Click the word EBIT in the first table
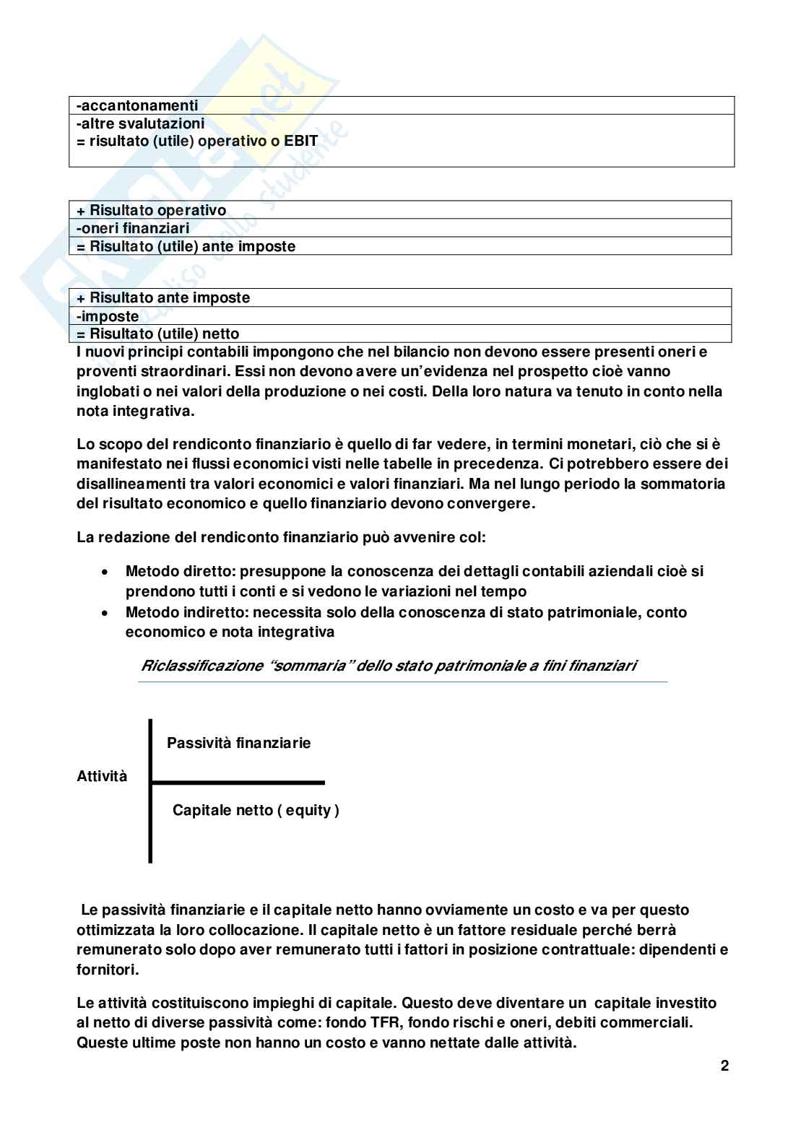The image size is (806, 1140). coord(300,141)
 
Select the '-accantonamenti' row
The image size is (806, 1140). coord(137,105)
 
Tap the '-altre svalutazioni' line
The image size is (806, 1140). coord(141,123)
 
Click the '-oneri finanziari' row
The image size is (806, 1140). coord(133,228)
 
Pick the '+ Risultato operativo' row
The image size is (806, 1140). coord(152,210)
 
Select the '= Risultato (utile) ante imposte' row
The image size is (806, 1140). coord(186,246)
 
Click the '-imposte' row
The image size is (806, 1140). coord(108,316)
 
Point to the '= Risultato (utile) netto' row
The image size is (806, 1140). coord(158,334)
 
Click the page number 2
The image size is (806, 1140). coord(724,1066)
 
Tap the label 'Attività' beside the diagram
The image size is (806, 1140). coord(102,776)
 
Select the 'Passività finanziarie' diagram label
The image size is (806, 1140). coord(238,743)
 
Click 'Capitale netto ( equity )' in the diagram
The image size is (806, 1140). coord(256,810)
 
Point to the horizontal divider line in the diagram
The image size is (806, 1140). coord(238,782)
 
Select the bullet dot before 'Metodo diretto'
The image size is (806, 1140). coord(105,572)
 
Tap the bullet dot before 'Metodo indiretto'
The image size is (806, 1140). coord(105,613)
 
